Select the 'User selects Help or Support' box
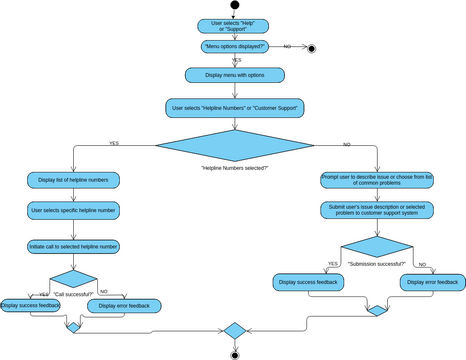coord(234,25)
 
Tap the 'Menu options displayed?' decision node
coord(234,47)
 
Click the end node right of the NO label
coord(311,47)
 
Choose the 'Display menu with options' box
coord(234,75)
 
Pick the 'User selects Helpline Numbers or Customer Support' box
coord(234,107)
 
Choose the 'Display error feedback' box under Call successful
coord(125,305)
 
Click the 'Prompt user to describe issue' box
coord(377,179)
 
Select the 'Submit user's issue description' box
coord(377,211)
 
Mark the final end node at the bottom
coord(234,353)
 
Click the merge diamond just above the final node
coord(234,330)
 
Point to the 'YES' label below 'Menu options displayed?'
coord(237,60)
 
